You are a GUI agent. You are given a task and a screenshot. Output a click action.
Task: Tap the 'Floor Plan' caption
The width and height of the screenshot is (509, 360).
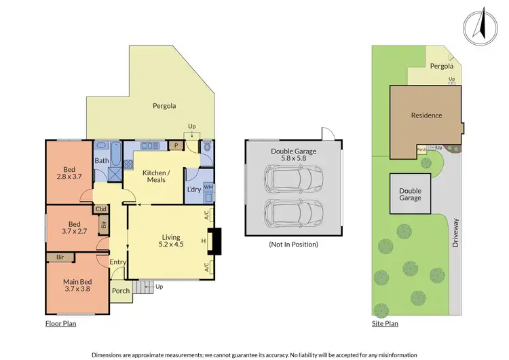click(x=60, y=324)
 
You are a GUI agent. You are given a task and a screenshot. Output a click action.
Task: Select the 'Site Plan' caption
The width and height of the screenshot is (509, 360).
click(x=385, y=324)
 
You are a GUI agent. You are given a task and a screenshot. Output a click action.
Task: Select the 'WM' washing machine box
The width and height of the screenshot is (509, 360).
click(x=208, y=187)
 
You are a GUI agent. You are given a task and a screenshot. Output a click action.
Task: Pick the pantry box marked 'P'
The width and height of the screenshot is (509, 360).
click(x=176, y=145)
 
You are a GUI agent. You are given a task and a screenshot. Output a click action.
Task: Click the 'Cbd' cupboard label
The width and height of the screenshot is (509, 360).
click(x=101, y=209)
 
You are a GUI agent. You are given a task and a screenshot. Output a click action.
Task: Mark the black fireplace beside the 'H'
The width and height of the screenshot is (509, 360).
click(x=214, y=241)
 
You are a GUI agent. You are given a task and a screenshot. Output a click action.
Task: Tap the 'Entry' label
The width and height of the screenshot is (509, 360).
click(x=117, y=262)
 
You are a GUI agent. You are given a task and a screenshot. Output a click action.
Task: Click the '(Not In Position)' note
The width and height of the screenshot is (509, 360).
click(x=293, y=244)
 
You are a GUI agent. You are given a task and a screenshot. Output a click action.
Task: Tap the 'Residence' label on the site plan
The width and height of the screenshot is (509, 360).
click(x=426, y=115)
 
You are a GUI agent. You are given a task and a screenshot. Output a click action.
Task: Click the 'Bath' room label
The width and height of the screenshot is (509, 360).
click(x=101, y=161)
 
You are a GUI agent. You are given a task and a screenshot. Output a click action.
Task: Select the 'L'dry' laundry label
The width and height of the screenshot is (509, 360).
click(x=193, y=190)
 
